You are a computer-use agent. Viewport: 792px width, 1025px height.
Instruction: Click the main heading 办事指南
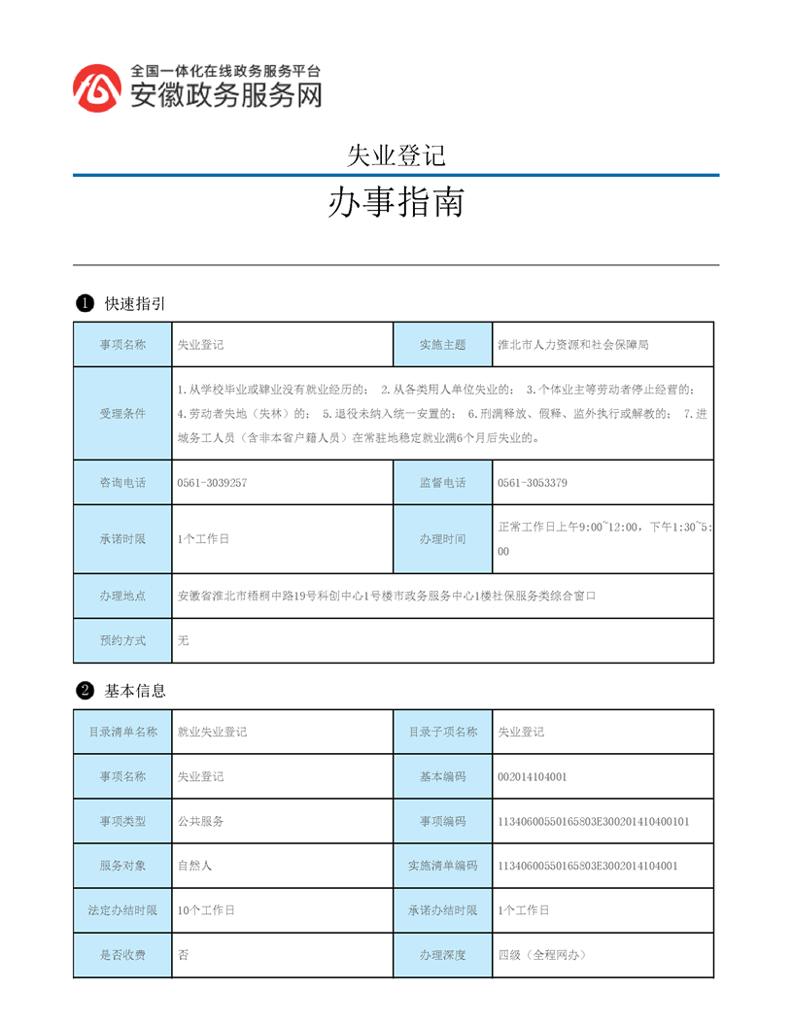click(x=395, y=202)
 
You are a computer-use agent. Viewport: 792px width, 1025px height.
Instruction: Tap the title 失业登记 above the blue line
click(x=396, y=154)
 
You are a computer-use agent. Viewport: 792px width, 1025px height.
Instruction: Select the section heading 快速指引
click(x=135, y=304)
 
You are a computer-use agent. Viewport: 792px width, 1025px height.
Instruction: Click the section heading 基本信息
click(x=135, y=691)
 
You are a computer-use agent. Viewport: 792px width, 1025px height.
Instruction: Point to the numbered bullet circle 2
click(x=85, y=691)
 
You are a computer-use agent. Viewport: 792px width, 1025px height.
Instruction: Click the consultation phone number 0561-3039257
click(x=212, y=483)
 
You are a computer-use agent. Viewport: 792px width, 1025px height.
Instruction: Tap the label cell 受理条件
click(x=122, y=414)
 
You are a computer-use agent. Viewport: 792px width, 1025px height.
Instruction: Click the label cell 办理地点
click(x=122, y=596)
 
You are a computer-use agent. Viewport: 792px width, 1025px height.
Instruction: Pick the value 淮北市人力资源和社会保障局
click(x=572, y=345)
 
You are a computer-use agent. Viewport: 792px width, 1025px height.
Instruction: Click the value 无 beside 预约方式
click(x=184, y=641)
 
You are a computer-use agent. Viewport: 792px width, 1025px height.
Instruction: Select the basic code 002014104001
click(x=532, y=777)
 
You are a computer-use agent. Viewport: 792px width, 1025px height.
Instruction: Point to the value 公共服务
click(x=201, y=822)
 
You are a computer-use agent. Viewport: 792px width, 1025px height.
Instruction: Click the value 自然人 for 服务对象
click(x=195, y=867)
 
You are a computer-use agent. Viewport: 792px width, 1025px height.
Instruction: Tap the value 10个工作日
click(x=206, y=911)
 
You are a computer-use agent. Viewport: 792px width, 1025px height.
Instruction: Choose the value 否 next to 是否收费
click(x=184, y=956)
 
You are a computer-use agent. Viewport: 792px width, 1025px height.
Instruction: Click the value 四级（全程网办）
click(x=541, y=956)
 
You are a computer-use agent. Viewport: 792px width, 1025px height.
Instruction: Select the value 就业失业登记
click(x=212, y=733)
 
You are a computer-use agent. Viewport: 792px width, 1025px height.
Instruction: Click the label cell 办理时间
click(x=442, y=539)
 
